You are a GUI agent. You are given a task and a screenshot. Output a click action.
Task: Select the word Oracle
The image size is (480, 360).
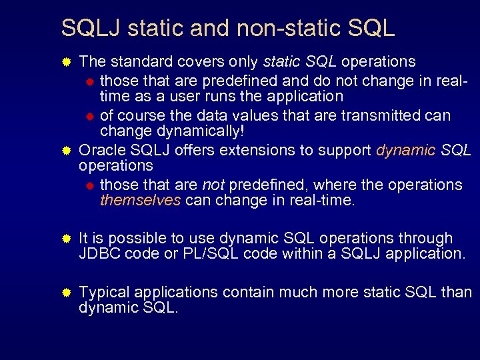coord(100,150)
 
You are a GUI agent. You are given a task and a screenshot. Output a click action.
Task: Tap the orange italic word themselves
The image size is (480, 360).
coord(140,200)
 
